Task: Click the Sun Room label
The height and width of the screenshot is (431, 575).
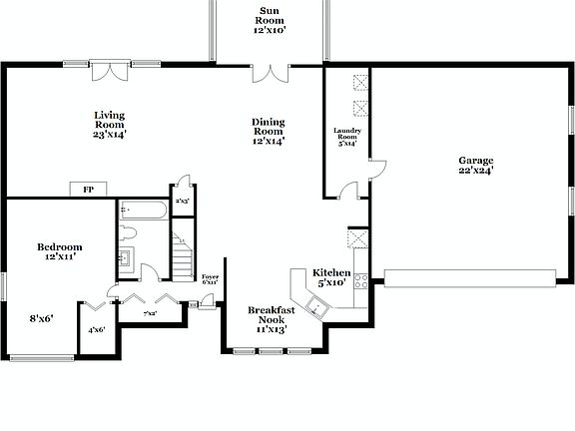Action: [270, 19]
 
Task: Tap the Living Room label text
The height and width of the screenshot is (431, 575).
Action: [110, 124]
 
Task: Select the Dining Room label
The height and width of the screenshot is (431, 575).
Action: [269, 131]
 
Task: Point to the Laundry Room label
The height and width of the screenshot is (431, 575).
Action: [346, 138]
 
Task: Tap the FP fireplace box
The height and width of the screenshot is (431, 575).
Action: [88, 189]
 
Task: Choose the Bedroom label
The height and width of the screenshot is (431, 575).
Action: [60, 251]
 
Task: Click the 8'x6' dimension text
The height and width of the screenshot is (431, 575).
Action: [40, 319]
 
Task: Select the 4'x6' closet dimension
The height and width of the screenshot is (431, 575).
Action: [97, 329]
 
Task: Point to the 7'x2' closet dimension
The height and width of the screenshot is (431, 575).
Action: [151, 314]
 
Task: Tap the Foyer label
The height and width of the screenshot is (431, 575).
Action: [210, 279]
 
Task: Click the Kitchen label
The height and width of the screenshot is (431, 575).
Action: [331, 277]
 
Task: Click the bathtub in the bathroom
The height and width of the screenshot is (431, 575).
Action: [140, 212]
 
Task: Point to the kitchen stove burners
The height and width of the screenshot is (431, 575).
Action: [361, 280]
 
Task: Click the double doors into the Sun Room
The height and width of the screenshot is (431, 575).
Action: [269, 75]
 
